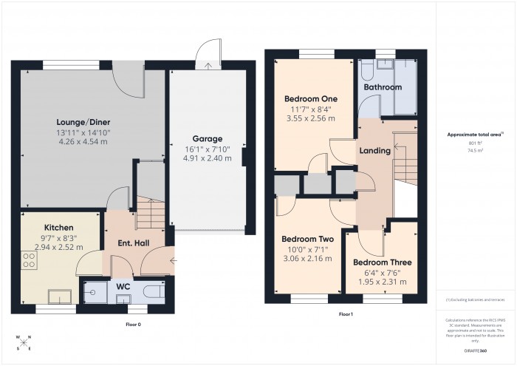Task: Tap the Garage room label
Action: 207,138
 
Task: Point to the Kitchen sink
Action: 58,296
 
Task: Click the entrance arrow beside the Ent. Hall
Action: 172,260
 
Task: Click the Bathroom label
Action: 382,87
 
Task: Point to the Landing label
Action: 374,151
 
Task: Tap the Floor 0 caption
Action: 133,325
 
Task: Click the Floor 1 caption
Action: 346,315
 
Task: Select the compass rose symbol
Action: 24,343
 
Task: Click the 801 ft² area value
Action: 475,143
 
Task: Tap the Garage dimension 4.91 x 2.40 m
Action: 207,157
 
